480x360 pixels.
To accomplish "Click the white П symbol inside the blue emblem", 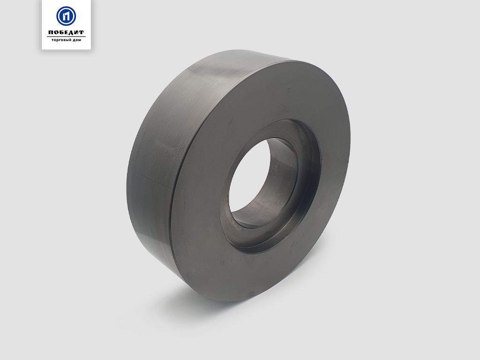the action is (x=66, y=16).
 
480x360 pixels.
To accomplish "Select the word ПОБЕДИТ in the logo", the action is (x=66, y=32).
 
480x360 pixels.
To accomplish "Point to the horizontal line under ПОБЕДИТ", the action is (x=66, y=37).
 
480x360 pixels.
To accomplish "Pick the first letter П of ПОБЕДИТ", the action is (x=51, y=32).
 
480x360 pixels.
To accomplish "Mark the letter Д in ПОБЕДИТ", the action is (x=71, y=33).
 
